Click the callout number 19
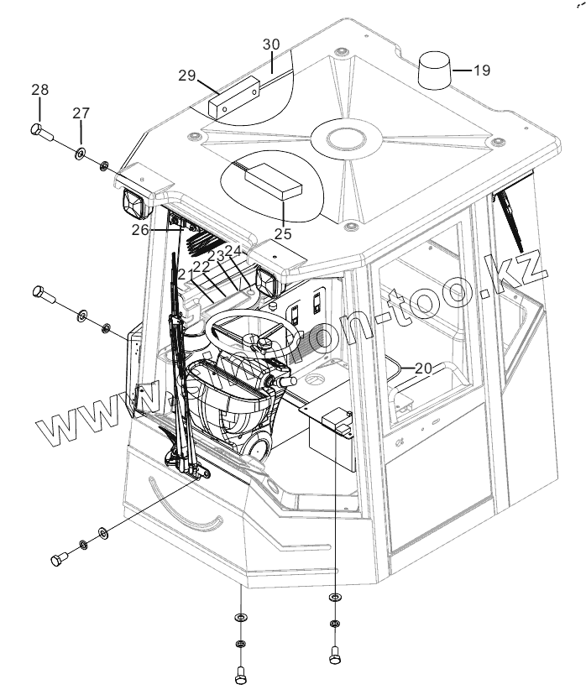(481, 71)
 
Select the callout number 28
(40, 90)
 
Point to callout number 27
(81, 113)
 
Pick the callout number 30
(271, 44)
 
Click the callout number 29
(186, 76)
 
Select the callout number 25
(283, 234)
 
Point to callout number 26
(139, 228)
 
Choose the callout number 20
(423, 368)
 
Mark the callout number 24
(233, 250)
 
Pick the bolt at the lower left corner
(59, 560)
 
